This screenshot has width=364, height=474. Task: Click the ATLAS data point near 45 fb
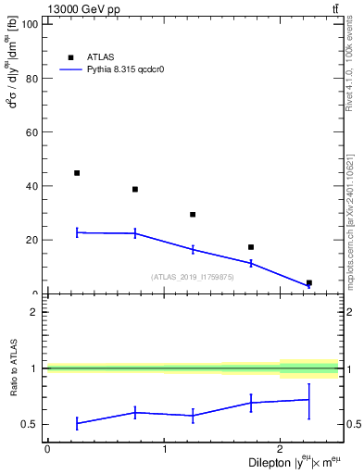(77, 173)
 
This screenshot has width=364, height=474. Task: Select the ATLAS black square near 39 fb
(135, 189)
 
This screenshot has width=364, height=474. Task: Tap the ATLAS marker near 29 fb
(193, 215)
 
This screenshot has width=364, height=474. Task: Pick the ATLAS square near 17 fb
(251, 247)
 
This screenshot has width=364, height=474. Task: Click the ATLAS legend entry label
(100, 56)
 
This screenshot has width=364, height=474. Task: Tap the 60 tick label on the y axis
(31, 132)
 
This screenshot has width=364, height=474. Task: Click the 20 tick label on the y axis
(31, 240)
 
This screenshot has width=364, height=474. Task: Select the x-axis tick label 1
(164, 449)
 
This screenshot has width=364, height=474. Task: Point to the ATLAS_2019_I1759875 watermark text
(193, 277)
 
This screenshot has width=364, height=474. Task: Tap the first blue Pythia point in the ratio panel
(77, 423)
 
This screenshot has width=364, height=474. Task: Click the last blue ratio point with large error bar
(308, 400)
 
